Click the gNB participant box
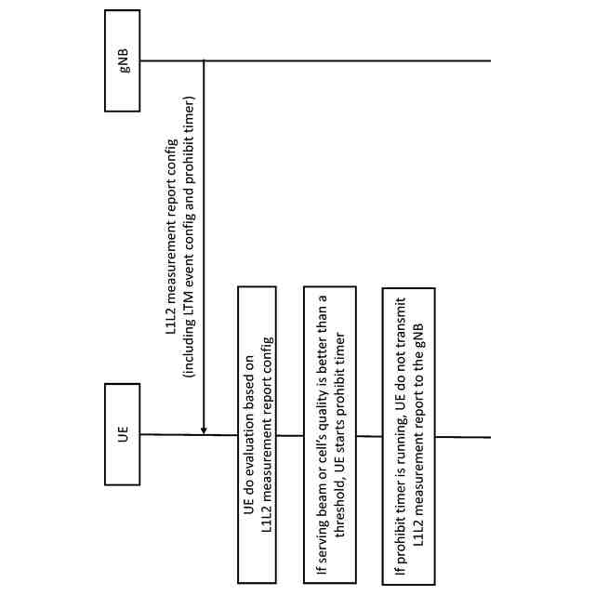pos(123,60)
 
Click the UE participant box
pos(123,433)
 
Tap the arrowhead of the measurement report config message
pos(204,429)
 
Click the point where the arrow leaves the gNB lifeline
pos(204,61)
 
